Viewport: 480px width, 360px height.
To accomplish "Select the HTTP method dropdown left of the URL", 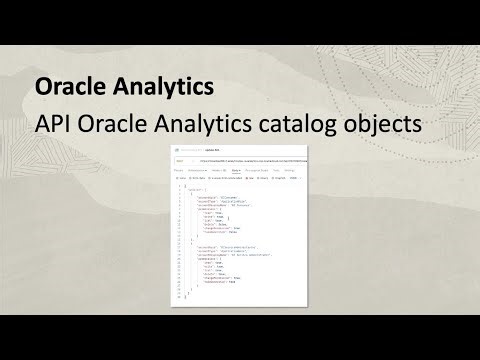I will pos(181,161).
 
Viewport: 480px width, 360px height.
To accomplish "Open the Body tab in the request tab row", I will pos(236,171).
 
